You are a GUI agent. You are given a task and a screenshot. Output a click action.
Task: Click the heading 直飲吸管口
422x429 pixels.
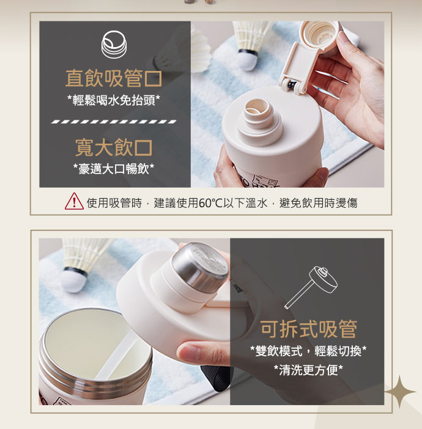[x=114, y=78]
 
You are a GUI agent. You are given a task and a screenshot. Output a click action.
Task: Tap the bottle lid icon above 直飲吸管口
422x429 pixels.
[x=114, y=45]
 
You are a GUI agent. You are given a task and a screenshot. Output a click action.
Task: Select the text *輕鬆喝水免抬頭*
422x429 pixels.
[x=114, y=100]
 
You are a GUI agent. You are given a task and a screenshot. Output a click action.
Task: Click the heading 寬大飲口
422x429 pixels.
[x=114, y=147]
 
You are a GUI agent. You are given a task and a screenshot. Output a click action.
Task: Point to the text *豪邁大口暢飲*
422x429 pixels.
[x=114, y=169]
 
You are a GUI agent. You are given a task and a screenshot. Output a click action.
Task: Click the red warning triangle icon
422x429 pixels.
[x=74, y=202]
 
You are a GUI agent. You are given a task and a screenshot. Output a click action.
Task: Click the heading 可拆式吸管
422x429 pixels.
[x=308, y=329]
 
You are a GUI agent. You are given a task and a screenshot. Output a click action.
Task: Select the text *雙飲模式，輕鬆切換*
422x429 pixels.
[x=308, y=351]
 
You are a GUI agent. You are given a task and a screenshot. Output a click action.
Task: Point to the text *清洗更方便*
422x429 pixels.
[x=308, y=370]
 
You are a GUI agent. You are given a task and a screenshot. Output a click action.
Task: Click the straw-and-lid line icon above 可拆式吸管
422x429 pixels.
[x=311, y=287]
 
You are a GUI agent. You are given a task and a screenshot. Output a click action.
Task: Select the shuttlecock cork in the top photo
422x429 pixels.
[x=247, y=59]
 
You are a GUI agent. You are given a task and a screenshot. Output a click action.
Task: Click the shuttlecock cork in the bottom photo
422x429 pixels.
[x=74, y=280]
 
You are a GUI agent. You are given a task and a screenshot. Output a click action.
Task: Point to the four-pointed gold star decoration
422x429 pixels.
[x=400, y=392]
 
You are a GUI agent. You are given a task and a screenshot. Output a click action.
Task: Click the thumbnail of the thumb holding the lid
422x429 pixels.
[x=188, y=351]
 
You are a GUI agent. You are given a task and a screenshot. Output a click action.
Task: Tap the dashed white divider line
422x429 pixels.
[x=114, y=122]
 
